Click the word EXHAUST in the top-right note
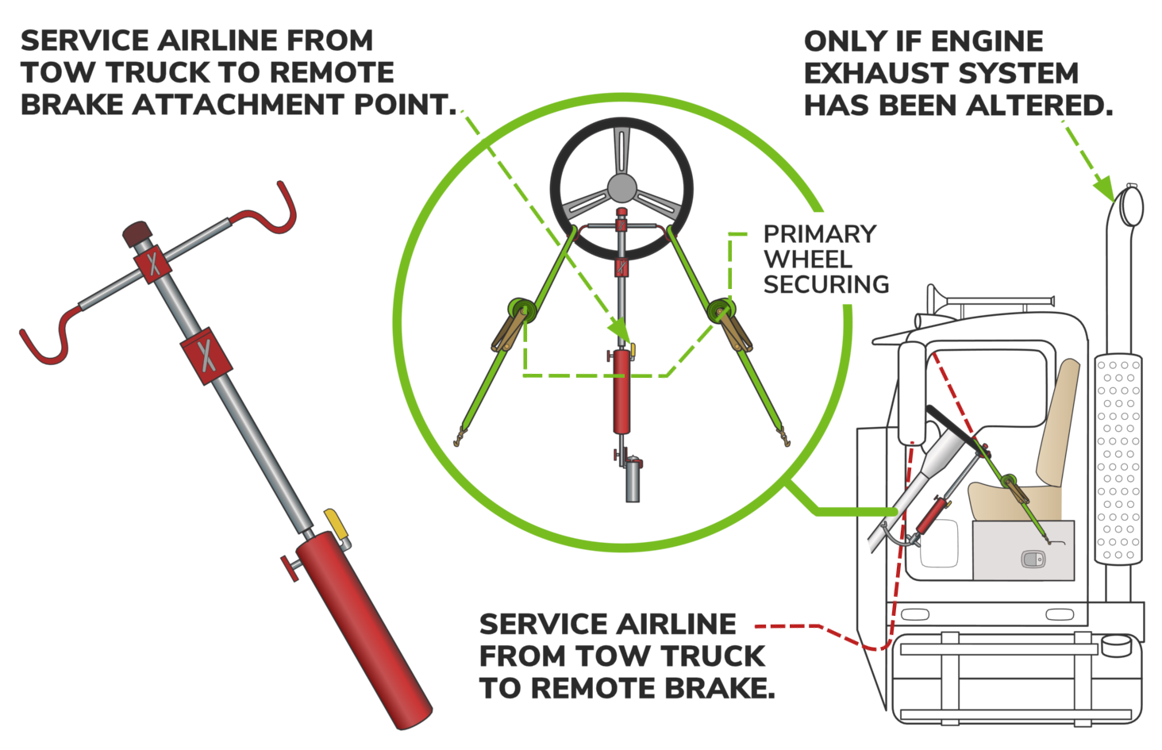point(877,73)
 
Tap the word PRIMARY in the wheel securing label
point(820,234)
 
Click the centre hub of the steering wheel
point(621,188)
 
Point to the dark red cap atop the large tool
point(137,234)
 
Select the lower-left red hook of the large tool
point(48,337)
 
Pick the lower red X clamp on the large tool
point(206,356)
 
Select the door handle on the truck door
point(1033,560)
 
